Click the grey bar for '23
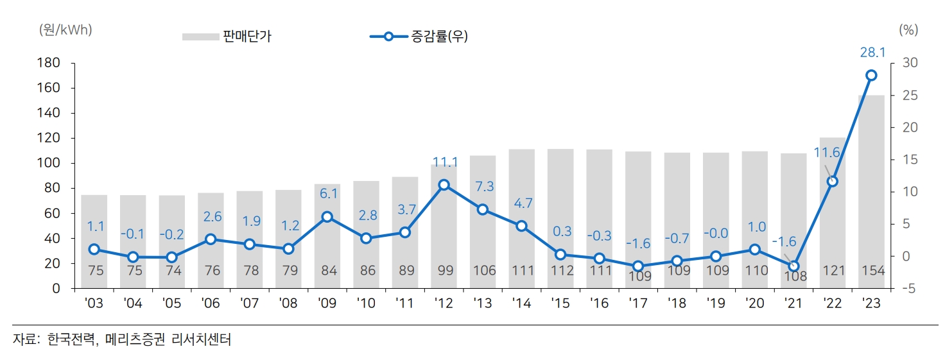tap(871, 193)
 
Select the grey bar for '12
tap(444, 225)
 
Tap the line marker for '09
tap(327, 217)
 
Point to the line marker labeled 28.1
tap(871, 76)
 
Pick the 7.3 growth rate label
tap(483, 186)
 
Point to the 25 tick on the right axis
tap(910, 95)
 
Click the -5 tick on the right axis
tap(908, 289)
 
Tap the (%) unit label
tap(908, 30)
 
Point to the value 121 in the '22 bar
tap(833, 271)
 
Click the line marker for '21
tap(794, 266)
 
